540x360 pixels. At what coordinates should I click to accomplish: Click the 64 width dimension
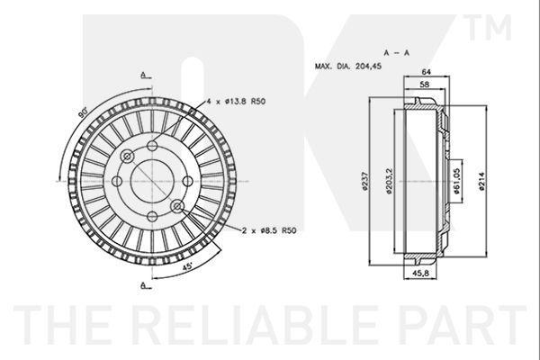point(427,72)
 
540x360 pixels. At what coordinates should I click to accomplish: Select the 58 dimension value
point(425,84)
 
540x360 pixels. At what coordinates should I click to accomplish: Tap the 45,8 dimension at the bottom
point(420,273)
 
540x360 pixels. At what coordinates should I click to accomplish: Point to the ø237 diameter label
point(365,181)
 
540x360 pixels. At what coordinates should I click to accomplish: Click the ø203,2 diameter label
point(389,181)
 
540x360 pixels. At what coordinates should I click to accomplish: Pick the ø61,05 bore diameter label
point(456,181)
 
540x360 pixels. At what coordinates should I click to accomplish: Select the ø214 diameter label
point(481,182)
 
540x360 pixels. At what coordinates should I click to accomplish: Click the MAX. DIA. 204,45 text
point(348,66)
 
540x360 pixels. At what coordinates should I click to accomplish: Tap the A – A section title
point(397,53)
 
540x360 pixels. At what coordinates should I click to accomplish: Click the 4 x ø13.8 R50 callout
point(236,102)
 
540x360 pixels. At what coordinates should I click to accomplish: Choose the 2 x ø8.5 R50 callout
point(269,230)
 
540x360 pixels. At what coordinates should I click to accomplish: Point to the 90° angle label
point(83,113)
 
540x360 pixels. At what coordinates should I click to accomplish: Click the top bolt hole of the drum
point(152,146)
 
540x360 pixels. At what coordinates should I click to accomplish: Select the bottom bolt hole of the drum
point(152,217)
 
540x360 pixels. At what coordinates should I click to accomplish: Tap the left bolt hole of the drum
point(117,181)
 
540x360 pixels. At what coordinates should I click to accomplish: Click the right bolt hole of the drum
point(188,181)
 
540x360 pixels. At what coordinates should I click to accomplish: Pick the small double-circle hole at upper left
point(127,157)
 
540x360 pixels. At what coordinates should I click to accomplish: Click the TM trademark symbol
point(487,27)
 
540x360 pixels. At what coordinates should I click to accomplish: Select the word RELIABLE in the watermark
point(256,325)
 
